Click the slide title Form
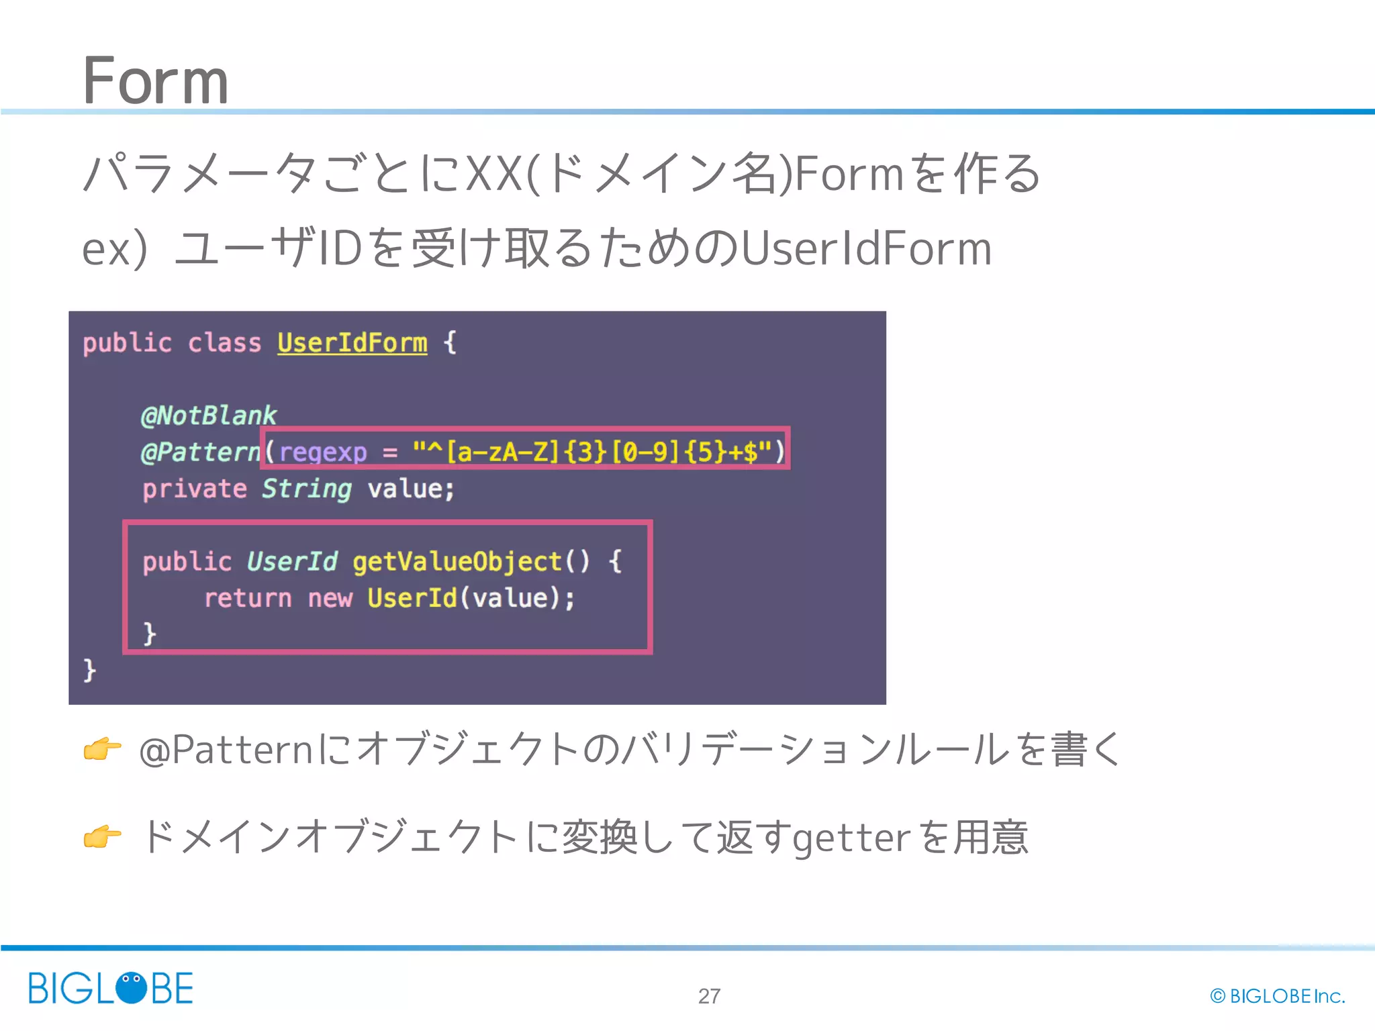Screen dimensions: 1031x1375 click(155, 81)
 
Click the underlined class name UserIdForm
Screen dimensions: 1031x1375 click(352, 343)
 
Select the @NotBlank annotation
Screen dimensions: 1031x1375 click(209, 415)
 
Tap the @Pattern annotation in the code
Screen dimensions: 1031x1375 click(200, 452)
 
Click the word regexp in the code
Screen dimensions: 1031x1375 click(323, 452)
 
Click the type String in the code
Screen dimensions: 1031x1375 click(307, 489)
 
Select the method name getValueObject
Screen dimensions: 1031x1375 click(457, 562)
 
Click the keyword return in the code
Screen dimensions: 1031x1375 click(248, 598)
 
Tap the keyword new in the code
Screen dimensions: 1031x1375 click(330, 598)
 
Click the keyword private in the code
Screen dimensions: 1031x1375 click(195, 489)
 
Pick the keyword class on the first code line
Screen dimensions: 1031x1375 click(224, 343)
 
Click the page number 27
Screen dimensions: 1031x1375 click(709, 996)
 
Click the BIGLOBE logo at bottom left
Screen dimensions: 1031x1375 click(111, 988)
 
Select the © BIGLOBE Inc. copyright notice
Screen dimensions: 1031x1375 click(1278, 996)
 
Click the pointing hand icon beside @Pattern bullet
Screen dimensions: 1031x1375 click(102, 749)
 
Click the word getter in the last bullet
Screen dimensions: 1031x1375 click(851, 838)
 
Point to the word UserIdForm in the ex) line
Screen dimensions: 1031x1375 click(866, 249)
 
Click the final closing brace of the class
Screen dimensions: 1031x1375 click(89, 670)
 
